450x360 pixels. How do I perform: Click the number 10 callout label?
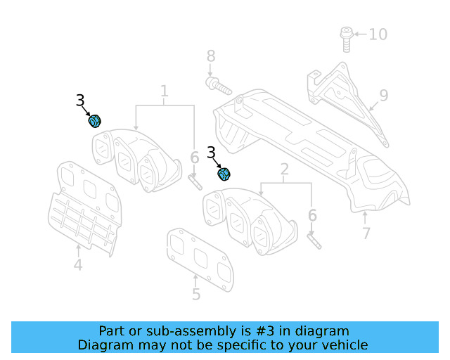click(378, 34)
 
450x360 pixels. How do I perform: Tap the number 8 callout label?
click(210, 57)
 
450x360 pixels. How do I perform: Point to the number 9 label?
click(383, 95)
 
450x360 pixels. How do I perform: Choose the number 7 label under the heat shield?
click(365, 232)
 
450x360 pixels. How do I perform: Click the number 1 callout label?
click(165, 91)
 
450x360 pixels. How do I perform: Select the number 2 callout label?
click(285, 169)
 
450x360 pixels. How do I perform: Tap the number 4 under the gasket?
click(77, 265)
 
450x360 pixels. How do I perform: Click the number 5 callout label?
click(196, 295)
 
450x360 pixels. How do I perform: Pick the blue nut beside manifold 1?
click(94, 122)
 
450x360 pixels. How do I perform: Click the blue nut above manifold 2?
click(225, 173)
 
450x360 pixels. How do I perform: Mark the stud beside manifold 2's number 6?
click(313, 239)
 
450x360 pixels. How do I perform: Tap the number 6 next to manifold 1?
click(194, 159)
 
